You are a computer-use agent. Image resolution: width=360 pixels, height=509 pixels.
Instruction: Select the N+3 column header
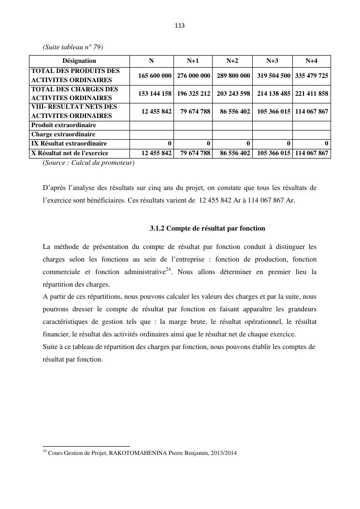pos(272,61)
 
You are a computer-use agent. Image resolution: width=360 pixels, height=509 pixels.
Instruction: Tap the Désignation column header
pos(79,61)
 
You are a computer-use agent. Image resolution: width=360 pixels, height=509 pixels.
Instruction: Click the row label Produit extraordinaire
pos(64,125)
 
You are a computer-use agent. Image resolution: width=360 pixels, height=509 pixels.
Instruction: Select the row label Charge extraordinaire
pos(63,134)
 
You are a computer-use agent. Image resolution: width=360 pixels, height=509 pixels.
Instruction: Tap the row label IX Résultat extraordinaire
pos(69,144)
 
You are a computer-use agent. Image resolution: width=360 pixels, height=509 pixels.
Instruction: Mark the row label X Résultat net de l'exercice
pos(70,153)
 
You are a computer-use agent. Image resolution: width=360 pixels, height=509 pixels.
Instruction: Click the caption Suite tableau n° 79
pos(73,47)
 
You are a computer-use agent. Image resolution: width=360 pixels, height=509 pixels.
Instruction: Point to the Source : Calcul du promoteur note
pos(88,163)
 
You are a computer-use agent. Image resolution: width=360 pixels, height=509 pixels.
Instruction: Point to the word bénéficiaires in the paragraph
pos(106,200)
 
